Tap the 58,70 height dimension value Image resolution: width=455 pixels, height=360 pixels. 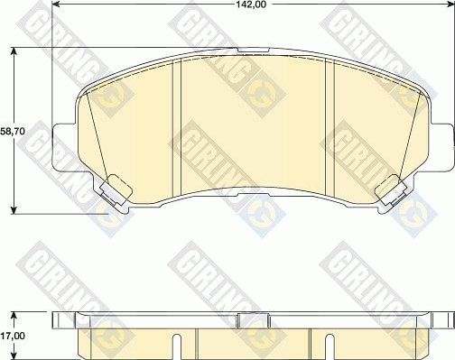click(11, 131)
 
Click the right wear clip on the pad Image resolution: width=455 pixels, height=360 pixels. click(391, 189)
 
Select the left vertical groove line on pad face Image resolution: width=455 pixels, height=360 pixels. click(181, 126)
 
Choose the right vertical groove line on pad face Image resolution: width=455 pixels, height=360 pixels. click(333, 126)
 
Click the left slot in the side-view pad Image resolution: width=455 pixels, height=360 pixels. click(179, 343)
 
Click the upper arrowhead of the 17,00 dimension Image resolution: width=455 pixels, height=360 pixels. click(15, 315)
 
